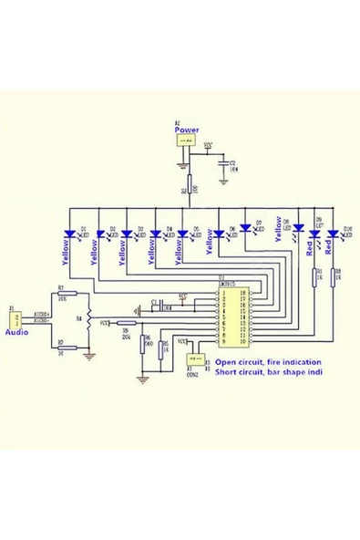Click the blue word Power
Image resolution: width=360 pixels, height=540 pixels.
[x=186, y=130]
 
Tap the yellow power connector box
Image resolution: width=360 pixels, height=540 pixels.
[x=186, y=141]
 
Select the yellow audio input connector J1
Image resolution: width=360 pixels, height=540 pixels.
[x=14, y=318]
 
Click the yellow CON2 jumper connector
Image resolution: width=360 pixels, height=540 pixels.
[x=192, y=358]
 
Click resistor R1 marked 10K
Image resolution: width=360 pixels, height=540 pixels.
[x=60, y=293]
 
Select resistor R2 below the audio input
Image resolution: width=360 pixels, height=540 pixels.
[x=60, y=348]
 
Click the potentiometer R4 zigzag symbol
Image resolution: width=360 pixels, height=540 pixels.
[x=89, y=320]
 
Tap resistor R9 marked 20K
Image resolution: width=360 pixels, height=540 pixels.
[x=126, y=322]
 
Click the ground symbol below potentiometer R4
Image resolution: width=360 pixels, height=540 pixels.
[x=89, y=357]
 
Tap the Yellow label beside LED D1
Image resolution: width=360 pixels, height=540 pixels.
[x=66, y=251]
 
